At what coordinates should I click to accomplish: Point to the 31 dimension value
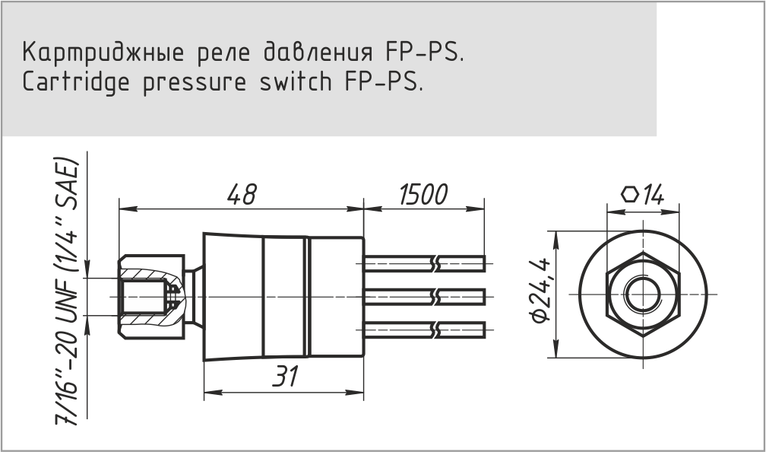point(285,376)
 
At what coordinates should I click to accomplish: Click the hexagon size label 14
point(652,194)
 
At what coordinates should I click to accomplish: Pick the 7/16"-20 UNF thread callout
point(68,289)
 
